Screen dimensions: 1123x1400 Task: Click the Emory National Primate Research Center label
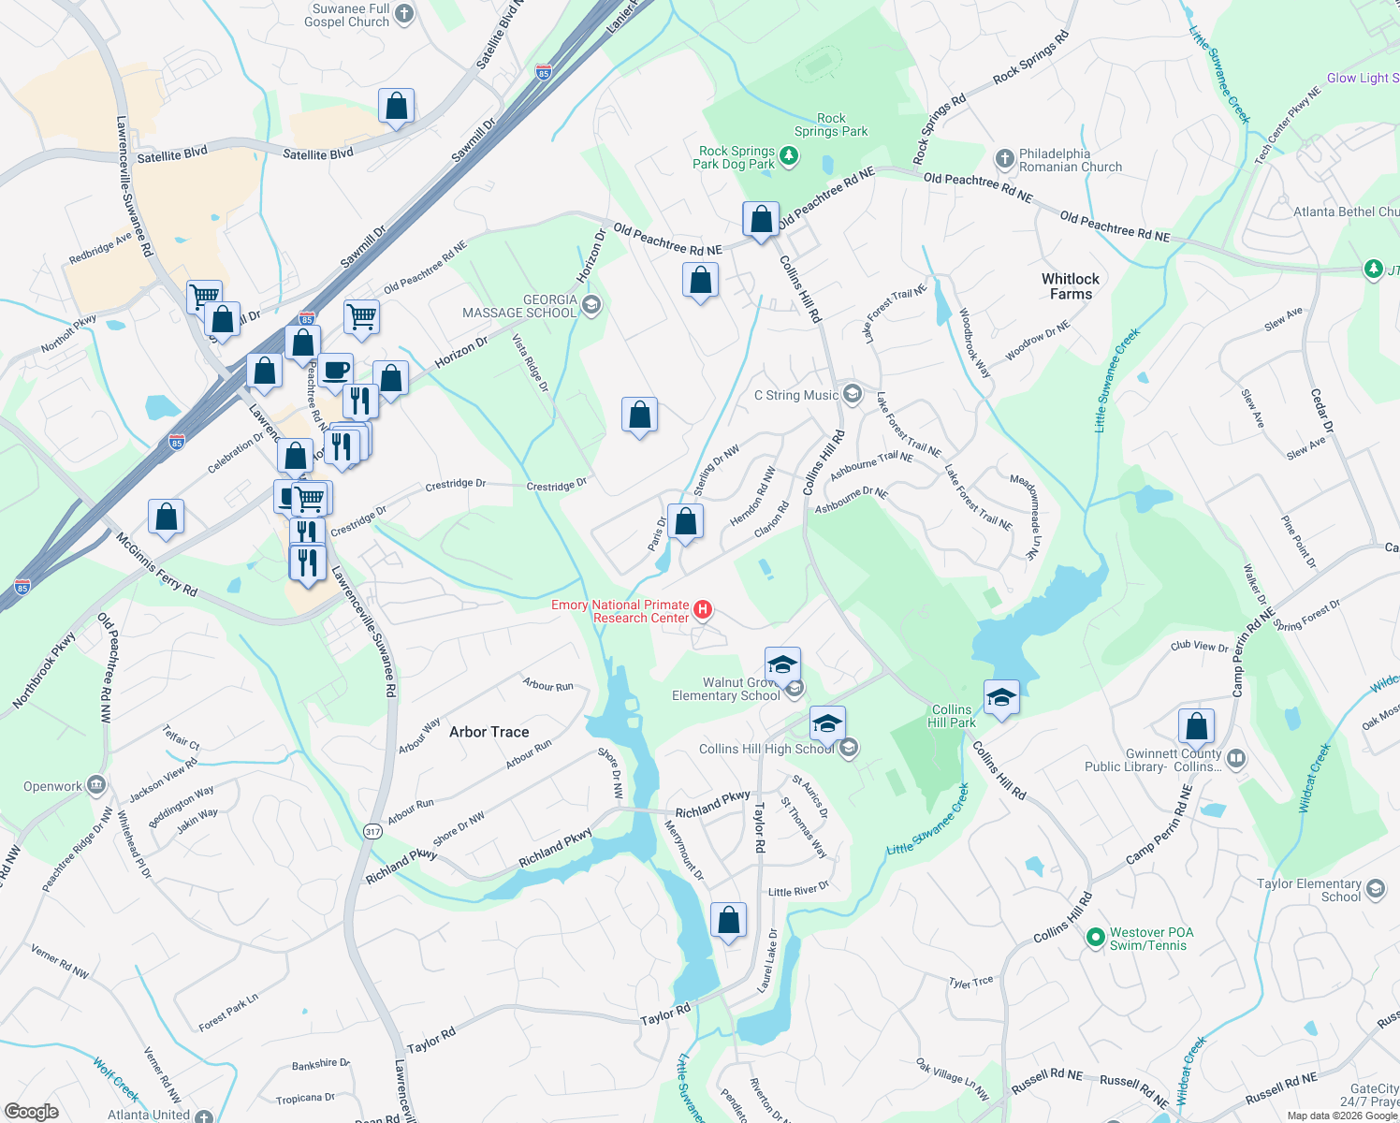click(620, 611)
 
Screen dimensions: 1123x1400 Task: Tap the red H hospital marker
click(702, 611)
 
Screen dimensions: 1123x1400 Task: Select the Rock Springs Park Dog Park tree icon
click(789, 156)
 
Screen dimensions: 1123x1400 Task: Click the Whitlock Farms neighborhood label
click(1071, 286)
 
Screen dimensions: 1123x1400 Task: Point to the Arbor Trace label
click(489, 732)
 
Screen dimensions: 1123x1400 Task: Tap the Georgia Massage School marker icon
click(591, 305)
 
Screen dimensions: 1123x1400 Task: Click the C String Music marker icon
click(852, 394)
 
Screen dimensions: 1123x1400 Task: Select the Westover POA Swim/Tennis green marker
click(1095, 938)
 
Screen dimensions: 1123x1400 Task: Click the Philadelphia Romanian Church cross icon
click(1004, 159)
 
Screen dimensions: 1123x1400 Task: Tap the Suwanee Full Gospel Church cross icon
click(404, 14)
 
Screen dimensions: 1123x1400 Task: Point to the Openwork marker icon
click(96, 785)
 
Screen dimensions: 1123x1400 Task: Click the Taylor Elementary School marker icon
click(1375, 889)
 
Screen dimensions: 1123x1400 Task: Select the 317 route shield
click(372, 831)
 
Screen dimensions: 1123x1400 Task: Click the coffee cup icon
click(335, 371)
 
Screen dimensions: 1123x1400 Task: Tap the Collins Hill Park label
click(952, 716)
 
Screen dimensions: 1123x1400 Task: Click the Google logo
click(32, 1112)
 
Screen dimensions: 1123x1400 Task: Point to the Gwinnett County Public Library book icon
click(1235, 759)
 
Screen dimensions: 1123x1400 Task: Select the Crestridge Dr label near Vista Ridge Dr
click(556, 486)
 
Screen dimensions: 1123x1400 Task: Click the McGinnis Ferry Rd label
click(156, 563)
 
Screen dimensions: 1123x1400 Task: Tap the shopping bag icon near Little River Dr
click(728, 921)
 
